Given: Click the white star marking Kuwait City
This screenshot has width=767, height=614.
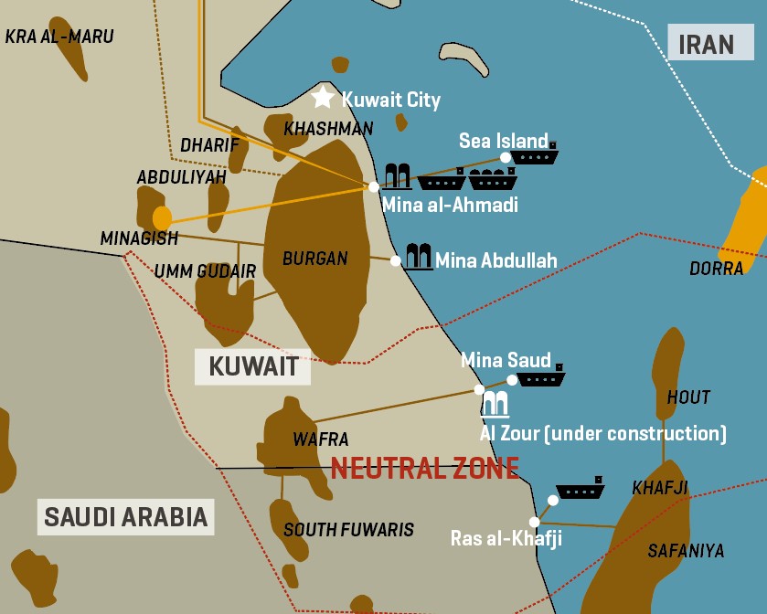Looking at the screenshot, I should click(x=323, y=97).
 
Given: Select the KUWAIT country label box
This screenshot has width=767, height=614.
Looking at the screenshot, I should click(x=253, y=367).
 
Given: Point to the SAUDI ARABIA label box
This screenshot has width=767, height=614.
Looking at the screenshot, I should click(x=126, y=516).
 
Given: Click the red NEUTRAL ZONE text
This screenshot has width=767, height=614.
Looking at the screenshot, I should click(x=425, y=469).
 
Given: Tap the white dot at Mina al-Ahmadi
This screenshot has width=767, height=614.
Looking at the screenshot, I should click(x=374, y=186).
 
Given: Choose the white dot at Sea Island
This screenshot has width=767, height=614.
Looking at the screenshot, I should click(x=506, y=157).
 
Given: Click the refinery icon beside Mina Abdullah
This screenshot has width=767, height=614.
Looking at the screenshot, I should click(x=419, y=257).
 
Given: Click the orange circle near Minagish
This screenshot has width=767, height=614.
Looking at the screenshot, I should click(x=162, y=218).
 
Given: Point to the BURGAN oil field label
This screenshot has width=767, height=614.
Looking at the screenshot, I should click(x=314, y=259).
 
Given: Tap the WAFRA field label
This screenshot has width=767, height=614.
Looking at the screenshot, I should click(x=320, y=439).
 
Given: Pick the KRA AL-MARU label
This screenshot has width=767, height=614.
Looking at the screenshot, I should click(x=59, y=37).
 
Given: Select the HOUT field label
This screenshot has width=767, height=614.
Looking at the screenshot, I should click(x=688, y=397).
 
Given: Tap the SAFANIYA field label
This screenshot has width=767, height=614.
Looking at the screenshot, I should click(x=686, y=550).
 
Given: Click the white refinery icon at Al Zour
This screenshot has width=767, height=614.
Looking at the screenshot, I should click(x=495, y=403).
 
